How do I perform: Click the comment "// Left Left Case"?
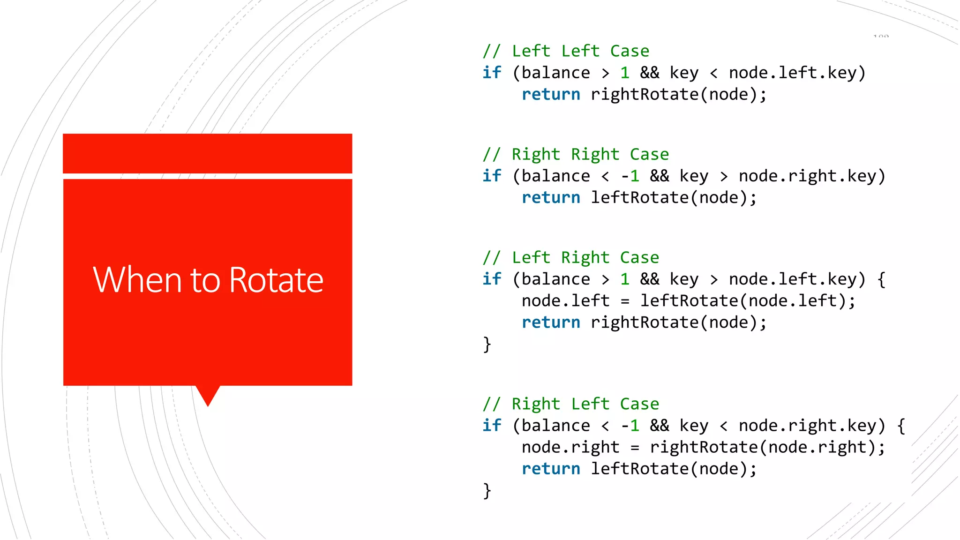[566, 51]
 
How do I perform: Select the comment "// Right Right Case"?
[576, 154]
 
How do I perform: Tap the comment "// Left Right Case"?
[570, 257]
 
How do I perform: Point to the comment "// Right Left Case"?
[570, 404]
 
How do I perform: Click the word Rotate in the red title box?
[276, 280]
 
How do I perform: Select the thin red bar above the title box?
[208, 153]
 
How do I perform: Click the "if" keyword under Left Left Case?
[492, 73]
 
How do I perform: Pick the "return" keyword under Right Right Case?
[551, 198]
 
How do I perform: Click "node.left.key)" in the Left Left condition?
[797, 73]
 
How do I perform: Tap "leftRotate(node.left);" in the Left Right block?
[748, 301]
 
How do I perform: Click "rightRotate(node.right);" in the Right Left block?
[767, 447]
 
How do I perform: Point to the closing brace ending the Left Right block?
[487, 345]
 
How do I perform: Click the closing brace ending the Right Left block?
[487, 491]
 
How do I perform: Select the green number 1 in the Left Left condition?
[624, 73]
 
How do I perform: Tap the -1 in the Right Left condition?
[630, 426]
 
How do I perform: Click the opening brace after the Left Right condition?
[881, 279]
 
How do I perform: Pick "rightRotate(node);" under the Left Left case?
[678, 95]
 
